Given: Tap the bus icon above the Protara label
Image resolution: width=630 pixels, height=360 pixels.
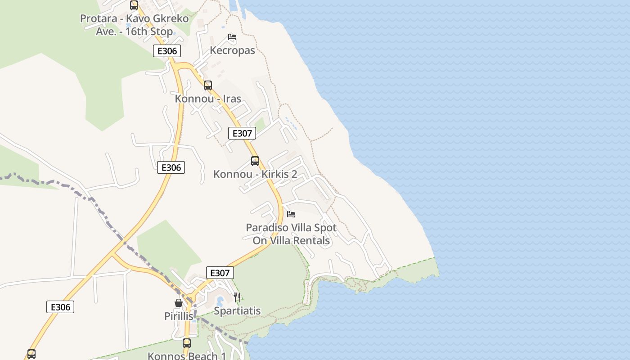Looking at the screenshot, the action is [x=134, y=5].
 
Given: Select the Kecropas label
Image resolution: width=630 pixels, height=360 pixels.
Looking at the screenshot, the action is [x=232, y=50].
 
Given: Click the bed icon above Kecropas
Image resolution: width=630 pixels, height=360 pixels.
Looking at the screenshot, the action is [x=232, y=37].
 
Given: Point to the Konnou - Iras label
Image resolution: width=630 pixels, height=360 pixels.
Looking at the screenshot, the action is [x=208, y=99].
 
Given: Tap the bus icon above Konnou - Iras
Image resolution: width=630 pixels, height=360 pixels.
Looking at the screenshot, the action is [x=207, y=85].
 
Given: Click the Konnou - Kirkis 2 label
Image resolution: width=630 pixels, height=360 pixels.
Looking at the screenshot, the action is [x=255, y=174].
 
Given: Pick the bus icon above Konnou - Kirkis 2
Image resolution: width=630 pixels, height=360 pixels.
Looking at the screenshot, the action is [x=255, y=161].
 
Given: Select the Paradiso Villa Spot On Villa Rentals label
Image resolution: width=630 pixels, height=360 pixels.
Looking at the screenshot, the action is [x=291, y=234].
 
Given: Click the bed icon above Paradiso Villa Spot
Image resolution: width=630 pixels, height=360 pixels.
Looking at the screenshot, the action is [x=291, y=214].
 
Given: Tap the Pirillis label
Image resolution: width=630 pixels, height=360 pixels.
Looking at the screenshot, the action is [x=179, y=316].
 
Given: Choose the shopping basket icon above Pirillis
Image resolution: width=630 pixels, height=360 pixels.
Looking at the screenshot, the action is [x=179, y=303].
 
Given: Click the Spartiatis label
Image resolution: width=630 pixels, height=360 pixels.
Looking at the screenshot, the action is [x=237, y=311].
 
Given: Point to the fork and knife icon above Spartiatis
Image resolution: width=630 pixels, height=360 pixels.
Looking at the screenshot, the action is [x=237, y=297].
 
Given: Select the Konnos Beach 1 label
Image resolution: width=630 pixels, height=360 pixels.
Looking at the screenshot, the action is [x=187, y=356].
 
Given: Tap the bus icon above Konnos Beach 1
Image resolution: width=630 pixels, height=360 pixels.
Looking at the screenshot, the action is [x=187, y=343].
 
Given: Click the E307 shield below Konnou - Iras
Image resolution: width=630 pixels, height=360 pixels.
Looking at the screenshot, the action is [x=242, y=133].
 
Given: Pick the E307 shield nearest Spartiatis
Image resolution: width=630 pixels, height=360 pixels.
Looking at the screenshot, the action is [x=220, y=273].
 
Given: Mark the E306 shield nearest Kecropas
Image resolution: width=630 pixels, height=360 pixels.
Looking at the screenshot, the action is [x=167, y=51].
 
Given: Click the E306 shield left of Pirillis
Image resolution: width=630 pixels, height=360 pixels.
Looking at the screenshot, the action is [x=60, y=307].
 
